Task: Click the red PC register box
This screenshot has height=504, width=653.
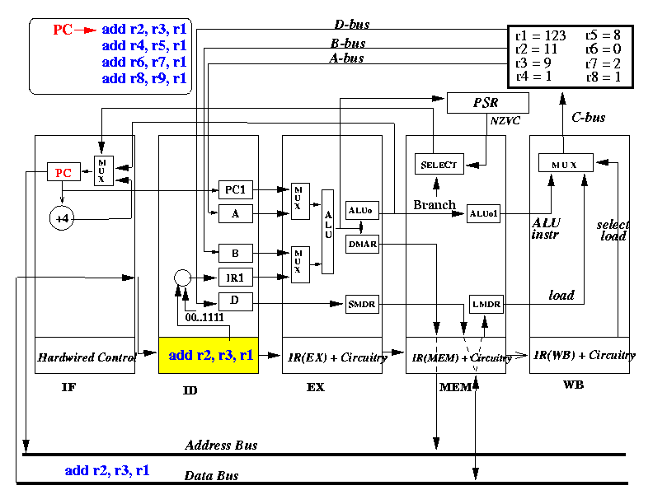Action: pos(63,172)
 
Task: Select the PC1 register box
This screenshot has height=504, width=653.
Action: pos(236,189)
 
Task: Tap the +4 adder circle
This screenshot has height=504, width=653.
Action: pos(62,218)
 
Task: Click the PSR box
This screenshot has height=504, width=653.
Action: pos(487,103)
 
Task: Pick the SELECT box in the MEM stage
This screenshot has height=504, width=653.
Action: pos(439,164)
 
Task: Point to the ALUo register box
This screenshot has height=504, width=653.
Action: pos(362,210)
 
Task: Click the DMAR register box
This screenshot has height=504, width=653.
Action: pos(362,244)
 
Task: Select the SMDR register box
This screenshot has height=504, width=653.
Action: pos(362,304)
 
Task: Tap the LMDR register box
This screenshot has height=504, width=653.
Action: pos(486,304)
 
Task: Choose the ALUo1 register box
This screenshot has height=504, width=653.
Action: pos(483,214)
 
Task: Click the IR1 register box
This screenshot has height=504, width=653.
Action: pos(236,278)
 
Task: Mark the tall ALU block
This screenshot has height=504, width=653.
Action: pos(328,231)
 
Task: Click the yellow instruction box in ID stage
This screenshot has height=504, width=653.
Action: pos(209,355)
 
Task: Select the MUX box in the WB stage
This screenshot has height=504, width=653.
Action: pos(566,162)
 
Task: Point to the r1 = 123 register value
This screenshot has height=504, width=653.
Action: pos(541,35)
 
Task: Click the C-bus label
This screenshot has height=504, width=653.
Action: pos(588,118)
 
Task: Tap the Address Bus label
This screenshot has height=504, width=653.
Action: pos(221,446)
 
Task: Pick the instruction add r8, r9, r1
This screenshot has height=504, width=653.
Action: pos(144,78)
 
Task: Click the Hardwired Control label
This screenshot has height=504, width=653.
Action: pos(87,357)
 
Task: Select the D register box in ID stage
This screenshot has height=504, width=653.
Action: pos(236,301)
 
